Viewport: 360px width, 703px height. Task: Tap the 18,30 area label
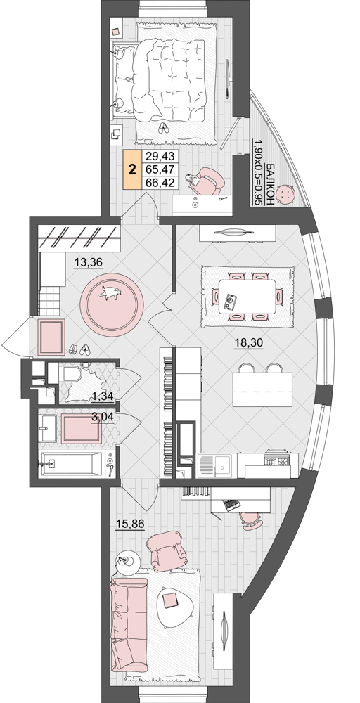(x=248, y=343)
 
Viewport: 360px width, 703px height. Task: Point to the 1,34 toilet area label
(x=102, y=395)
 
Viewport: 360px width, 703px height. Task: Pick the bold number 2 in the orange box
(x=132, y=170)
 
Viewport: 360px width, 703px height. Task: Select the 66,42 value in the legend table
(x=160, y=183)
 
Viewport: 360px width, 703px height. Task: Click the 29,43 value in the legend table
(x=160, y=157)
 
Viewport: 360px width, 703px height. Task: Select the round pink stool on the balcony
(x=285, y=195)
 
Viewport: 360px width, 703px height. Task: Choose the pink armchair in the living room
(x=167, y=551)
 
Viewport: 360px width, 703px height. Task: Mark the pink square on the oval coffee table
(x=170, y=600)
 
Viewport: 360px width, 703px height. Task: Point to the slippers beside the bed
(x=163, y=128)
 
